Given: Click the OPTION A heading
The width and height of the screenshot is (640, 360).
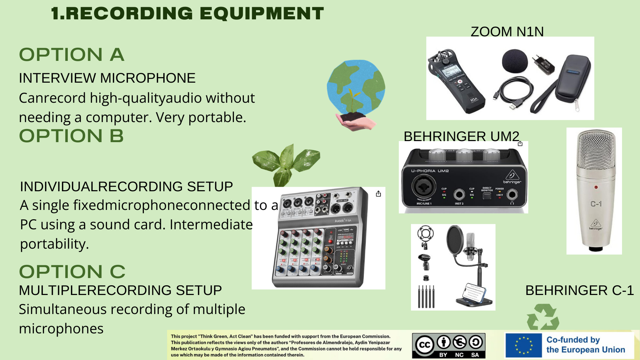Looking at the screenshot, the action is tap(72, 55).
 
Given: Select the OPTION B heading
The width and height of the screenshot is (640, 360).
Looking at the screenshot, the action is tap(71, 136).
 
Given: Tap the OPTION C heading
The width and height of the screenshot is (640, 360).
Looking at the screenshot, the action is tap(72, 271).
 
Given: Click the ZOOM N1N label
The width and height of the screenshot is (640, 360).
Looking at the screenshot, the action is tap(507, 31).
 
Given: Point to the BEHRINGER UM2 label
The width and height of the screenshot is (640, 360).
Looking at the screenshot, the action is tap(461, 136).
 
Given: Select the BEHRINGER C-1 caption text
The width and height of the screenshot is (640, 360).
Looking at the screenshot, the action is tap(579, 290).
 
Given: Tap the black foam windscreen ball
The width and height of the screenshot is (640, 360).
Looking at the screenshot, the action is tap(515, 61).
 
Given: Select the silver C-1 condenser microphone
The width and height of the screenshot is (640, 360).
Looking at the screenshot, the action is tap(596, 190).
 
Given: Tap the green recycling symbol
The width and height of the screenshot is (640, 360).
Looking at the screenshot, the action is tap(543, 317).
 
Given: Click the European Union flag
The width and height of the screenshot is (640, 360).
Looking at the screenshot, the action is tap(523, 345).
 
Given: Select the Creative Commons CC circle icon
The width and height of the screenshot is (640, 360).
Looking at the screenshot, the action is tap(424, 345).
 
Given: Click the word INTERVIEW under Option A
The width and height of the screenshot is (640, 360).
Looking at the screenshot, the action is tap(57, 78).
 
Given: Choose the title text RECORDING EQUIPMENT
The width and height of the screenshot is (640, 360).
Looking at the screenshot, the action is tap(194, 13).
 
